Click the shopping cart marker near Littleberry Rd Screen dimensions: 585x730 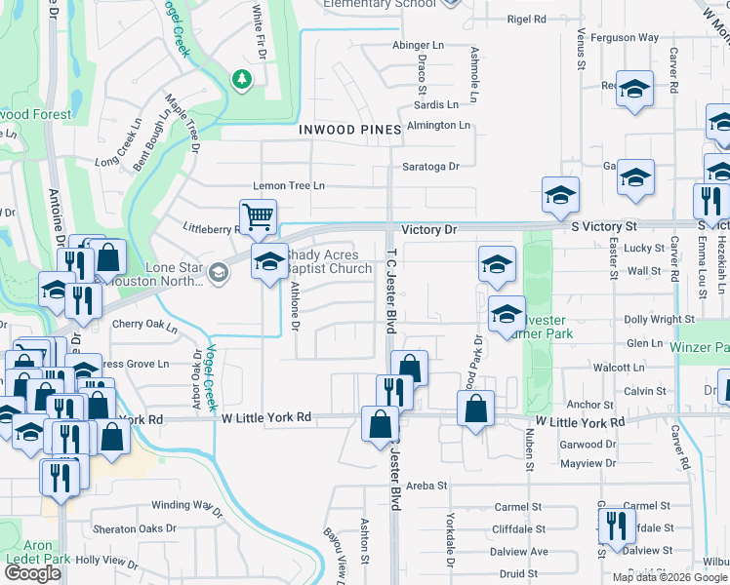tap(259, 216)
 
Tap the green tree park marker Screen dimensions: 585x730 tap(241, 79)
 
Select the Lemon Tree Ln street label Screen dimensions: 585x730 tap(289, 185)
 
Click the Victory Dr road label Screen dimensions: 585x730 tap(428, 230)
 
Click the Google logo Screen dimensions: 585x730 tap(32, 574)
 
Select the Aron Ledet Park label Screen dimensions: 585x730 tap(38, 553)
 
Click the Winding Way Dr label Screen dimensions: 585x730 tap(187, 505)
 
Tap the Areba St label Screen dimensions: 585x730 tap(426, 485)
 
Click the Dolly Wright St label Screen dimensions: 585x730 tap(659, 319)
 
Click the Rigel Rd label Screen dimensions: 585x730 tap(526, 19)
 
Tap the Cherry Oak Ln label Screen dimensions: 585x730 tap(144, 324)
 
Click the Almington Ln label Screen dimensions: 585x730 tap(438, 125)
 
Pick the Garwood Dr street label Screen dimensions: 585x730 tap(589, 444)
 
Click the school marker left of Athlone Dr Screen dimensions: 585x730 tap(269, 262)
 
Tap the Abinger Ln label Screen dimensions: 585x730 tap(419, 45)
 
